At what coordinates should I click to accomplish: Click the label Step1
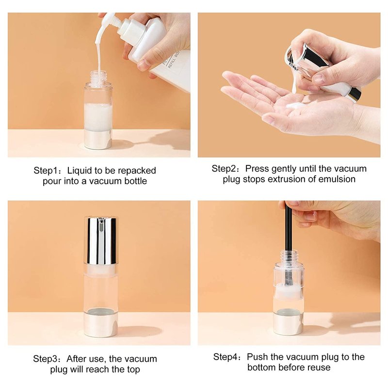(x=46, y=171)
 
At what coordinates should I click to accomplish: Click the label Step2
(x=224, y=169)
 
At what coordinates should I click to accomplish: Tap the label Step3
(x=46, y=359)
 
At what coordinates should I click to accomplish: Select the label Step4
(x=226, y=357)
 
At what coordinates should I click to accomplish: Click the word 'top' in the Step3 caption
(x=134, y=370)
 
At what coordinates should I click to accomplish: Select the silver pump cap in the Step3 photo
(x=101, y=241)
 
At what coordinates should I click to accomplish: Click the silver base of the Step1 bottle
(x=98, y=140)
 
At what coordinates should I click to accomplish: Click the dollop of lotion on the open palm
(x=295, y=106)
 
